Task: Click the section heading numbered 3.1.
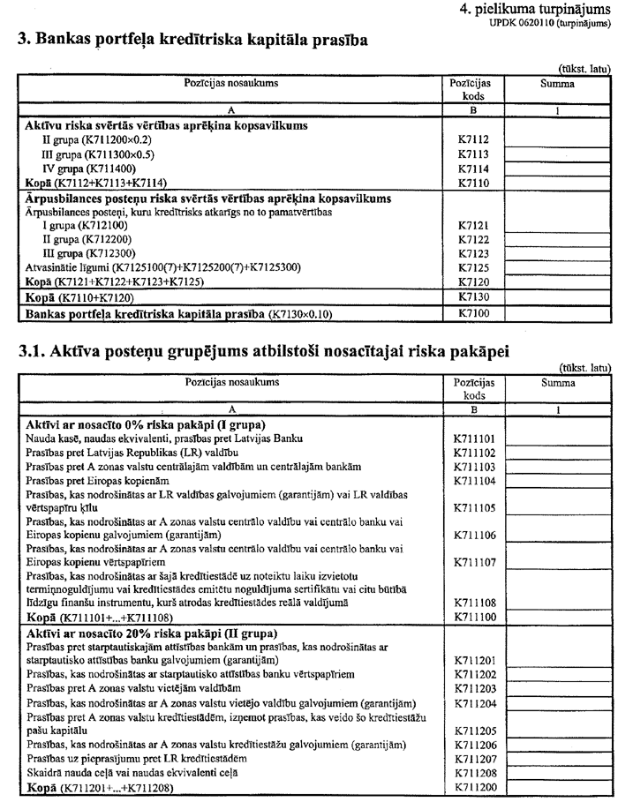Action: (284, 353)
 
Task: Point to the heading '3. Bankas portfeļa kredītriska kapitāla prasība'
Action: (189, 40)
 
